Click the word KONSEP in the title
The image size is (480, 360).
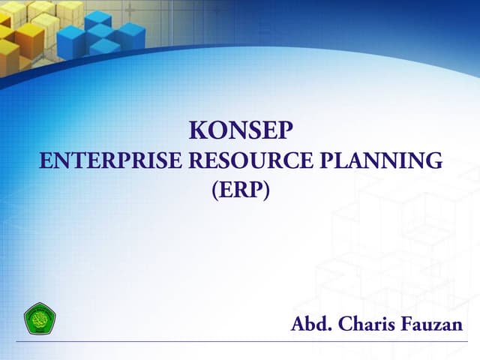pyautogui.click(x=240, y=130)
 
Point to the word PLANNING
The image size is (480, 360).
pyautogui.click(x=381, y=160)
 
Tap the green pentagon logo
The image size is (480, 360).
pyautogui.click(x=40, y=319)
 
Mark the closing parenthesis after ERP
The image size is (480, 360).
pyautogui.click(x=265, y=191)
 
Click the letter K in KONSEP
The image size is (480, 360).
pyautogui.click(x=196, y=130)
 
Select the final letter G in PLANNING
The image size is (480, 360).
pyautogui.click(x=434, y=160)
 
